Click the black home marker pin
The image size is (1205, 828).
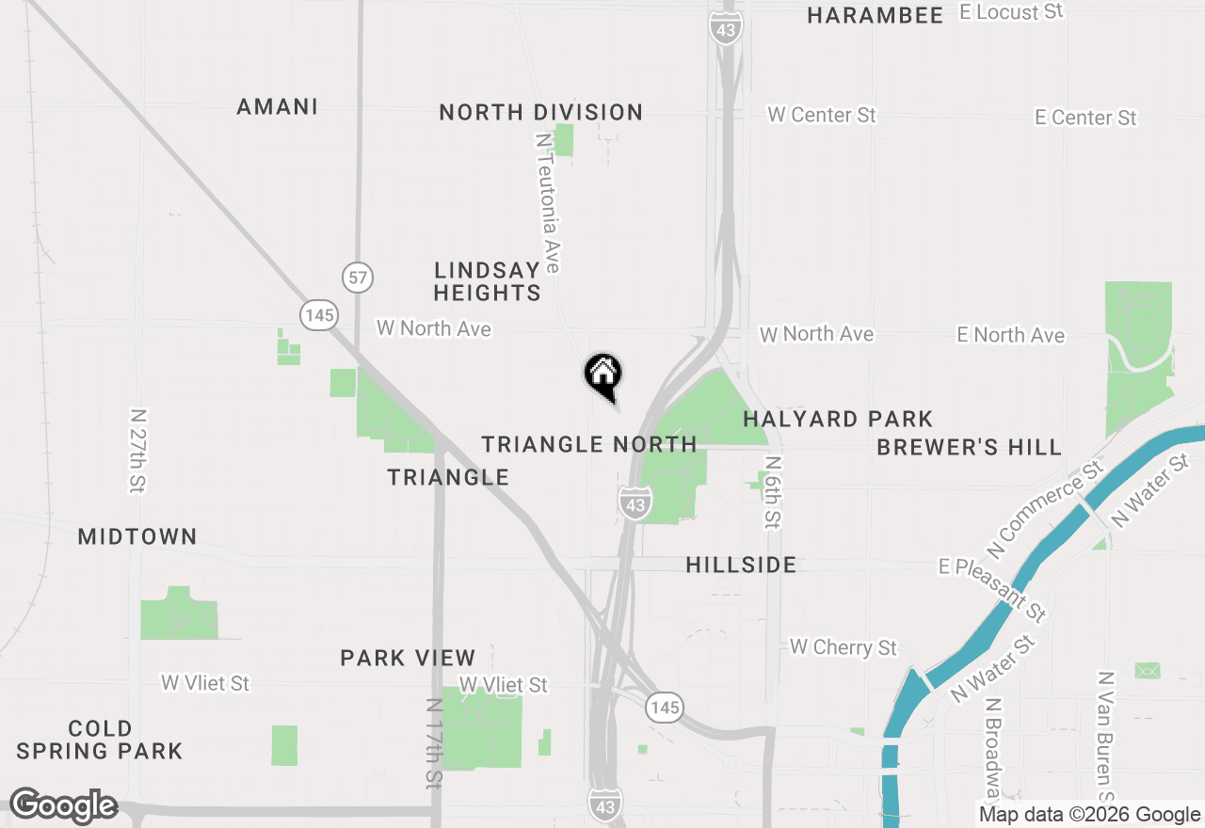[603, 374]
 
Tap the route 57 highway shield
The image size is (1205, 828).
[358, 278]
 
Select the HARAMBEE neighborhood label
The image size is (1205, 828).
[876, 15]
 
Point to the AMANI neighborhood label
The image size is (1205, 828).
[278, 107]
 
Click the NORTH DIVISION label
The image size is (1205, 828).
[541, 113]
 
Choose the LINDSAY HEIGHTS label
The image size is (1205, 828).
[488, 281]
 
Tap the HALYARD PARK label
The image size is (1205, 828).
[838, 419]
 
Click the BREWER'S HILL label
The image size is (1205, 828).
[970, 447]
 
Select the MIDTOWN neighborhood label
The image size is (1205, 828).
[137, 537]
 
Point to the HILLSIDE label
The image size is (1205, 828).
[742, 565]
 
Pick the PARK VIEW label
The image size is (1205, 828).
[409, 658]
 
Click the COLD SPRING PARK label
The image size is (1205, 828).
[100, 740]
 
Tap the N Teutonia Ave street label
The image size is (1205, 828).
[547, 202]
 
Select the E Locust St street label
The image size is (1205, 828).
[1011, 12]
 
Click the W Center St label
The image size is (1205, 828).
[822, 115]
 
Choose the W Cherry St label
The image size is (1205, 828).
[843, 647]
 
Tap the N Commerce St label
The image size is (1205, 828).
[1045, 508]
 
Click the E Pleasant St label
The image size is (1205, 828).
[992, 590]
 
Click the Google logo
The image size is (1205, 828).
[63, 805]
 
